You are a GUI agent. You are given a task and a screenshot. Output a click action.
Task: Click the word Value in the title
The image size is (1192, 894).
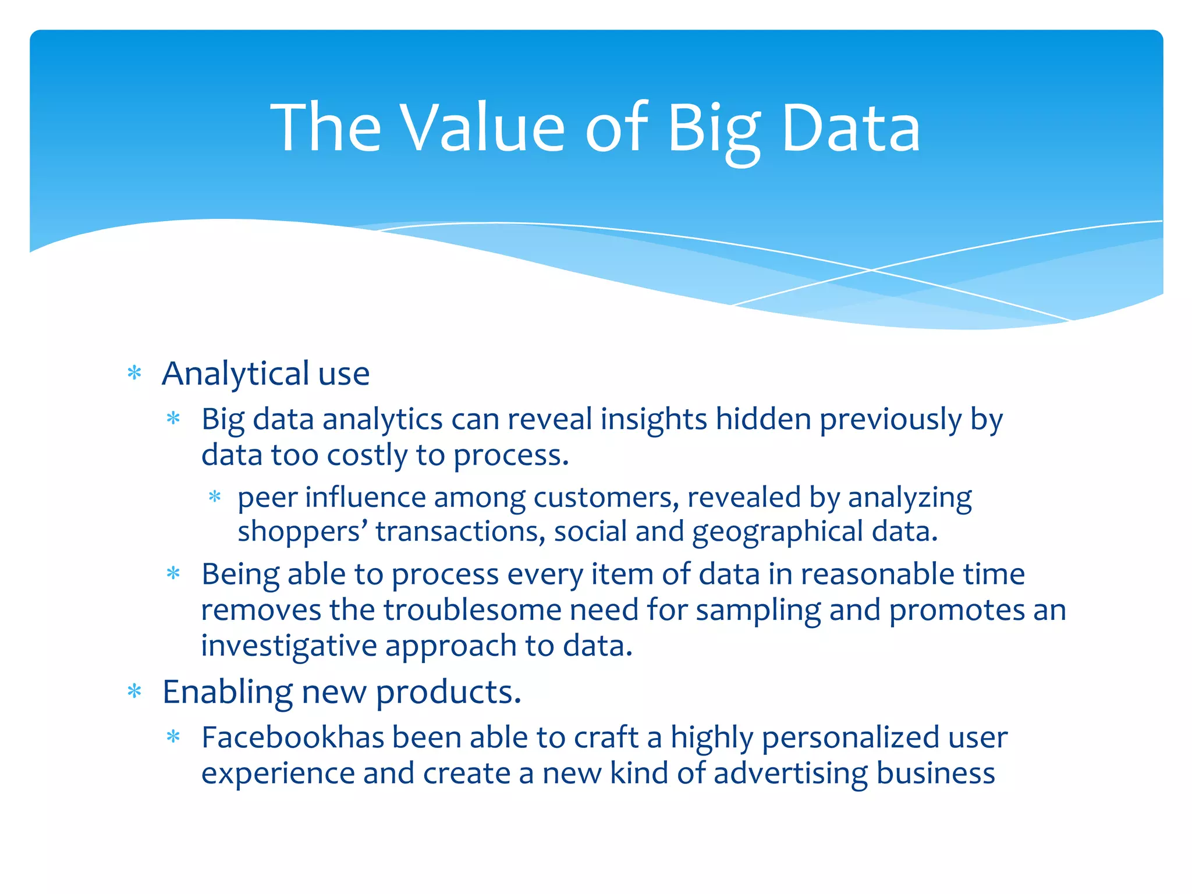(484, 127)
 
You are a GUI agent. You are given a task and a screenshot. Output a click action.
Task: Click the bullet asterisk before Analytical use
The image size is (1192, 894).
(134, 373)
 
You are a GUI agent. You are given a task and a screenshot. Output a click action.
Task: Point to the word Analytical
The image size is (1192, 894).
(235, 374)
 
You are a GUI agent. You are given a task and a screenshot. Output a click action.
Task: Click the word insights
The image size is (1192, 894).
(654, 419)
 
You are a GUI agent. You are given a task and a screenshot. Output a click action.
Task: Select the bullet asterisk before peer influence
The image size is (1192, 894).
(215, 496)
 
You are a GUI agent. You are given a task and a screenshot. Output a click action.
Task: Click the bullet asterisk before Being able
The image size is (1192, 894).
(173, 574)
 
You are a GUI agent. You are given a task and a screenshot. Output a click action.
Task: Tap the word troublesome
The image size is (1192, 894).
(472, 611)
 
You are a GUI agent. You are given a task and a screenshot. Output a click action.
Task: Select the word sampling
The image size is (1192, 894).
(758, 611)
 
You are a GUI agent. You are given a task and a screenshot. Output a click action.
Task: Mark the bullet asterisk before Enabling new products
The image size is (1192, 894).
(134, 691)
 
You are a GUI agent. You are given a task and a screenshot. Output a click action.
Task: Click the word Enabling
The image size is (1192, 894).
(227, 693)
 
